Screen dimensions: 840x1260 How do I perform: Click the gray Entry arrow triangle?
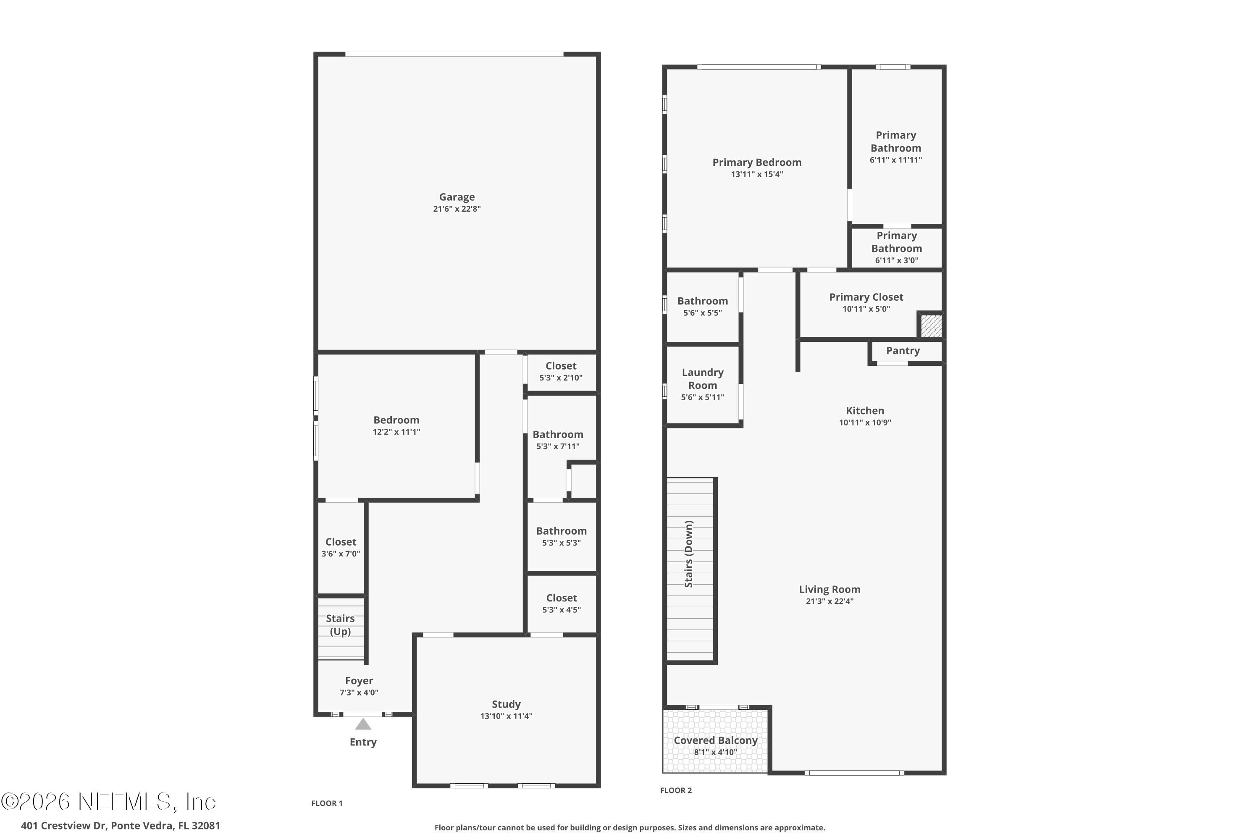363,725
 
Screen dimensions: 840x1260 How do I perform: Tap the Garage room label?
457,197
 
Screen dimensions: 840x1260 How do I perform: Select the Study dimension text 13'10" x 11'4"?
506,716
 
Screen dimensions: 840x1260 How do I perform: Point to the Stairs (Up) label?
340,625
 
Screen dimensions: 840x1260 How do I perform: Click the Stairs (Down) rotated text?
689,554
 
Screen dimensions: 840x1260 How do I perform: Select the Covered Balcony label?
715,740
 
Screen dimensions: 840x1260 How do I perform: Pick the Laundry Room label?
702,379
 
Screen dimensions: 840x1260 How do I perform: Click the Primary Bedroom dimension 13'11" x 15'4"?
756,175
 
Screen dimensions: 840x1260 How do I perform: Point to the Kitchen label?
865,411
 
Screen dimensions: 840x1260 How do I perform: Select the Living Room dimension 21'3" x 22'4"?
829,601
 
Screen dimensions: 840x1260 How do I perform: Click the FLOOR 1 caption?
327,803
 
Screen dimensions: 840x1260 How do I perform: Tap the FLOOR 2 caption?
675,790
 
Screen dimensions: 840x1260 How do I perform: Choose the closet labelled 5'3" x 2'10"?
560,371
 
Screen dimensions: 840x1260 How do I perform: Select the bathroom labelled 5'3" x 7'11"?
558,439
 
